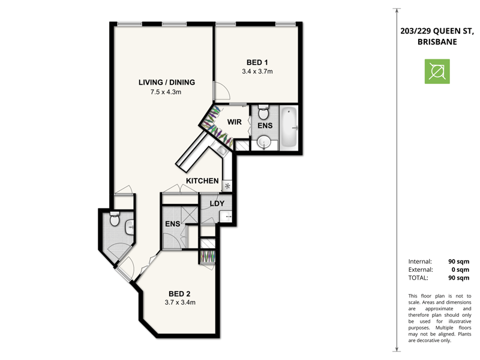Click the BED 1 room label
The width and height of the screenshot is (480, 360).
[257, 62]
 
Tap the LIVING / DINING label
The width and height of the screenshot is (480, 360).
[167, 82]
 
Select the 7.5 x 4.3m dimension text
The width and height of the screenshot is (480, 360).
[166, 92]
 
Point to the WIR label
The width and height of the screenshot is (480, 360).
[234, 122]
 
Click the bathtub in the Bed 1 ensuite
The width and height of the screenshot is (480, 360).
[289, 127]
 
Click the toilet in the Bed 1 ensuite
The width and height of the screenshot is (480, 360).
[263, 112]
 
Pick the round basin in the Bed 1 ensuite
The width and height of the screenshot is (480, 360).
[263, 142]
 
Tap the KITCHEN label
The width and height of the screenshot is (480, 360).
[202, 181]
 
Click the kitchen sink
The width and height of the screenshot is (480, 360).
[221, 150]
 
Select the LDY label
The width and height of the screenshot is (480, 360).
[217, 203]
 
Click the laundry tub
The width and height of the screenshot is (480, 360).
[226, 217]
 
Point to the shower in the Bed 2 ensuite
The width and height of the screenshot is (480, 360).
[189, 215]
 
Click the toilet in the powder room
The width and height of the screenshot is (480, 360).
[115, 218]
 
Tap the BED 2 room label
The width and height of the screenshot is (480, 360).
[179, 294]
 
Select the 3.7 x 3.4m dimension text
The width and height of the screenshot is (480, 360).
[180, 302]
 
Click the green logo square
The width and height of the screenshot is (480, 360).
[437, 71]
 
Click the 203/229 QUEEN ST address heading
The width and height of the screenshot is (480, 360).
[437, 31]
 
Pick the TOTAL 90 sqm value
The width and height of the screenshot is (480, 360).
[458, 278]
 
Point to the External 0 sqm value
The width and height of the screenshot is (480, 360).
[460, 269]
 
